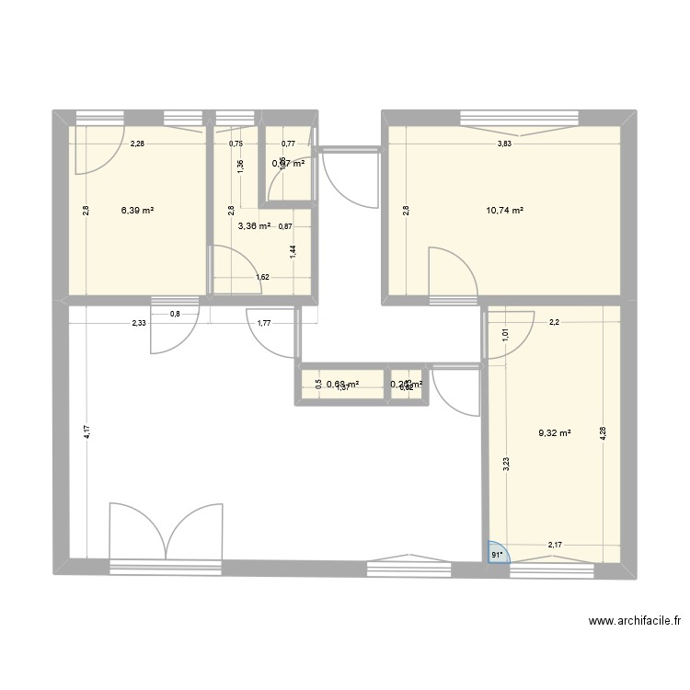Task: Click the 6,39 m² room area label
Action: [137, 211]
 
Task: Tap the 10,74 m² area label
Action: [505, 211]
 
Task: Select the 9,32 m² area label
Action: [555, 430]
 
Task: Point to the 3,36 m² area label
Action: [254, 226]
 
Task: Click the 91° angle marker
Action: [497, 554]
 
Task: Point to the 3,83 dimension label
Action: [505, 144]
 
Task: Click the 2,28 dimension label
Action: [137, 144]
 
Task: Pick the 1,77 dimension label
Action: [263, 322]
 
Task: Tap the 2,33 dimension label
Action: [139, 322]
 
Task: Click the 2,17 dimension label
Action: [556, 546]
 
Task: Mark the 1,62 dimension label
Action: [262, 276]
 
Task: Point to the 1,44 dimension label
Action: [293, 254]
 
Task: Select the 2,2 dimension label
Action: [555, 322]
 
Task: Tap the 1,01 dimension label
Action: [505, 336]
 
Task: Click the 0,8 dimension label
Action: [175, 315]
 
